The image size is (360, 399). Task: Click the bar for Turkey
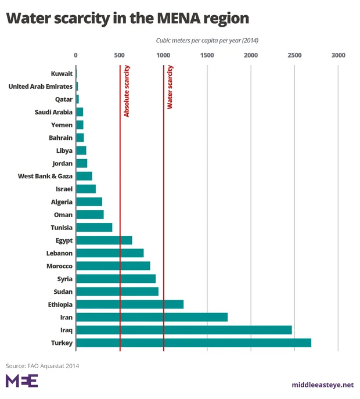[193, 343]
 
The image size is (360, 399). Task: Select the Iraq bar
[183, 330]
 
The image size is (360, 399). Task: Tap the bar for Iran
[152, 317]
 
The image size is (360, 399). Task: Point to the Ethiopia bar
[129, 304]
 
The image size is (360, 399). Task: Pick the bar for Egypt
[104, 240]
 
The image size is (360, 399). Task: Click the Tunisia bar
[94, 227]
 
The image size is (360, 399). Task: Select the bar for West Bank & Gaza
[84, 176]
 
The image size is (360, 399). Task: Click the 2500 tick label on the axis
[294, 55]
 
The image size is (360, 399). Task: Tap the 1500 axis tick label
[207, 55]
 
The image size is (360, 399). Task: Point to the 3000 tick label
[338, 55]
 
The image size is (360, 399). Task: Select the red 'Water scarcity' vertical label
[170, 88]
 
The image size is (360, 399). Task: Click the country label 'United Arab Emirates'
[40, 87]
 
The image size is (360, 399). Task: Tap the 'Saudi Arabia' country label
[54, 112]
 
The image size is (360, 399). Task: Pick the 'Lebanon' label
[59, 253]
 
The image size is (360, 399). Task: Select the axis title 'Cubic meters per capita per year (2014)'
[207, 41]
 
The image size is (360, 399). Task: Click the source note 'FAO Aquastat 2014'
[53, 366]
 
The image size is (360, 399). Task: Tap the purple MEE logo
[21, 382]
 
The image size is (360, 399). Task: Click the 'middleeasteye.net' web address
[322, 385]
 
